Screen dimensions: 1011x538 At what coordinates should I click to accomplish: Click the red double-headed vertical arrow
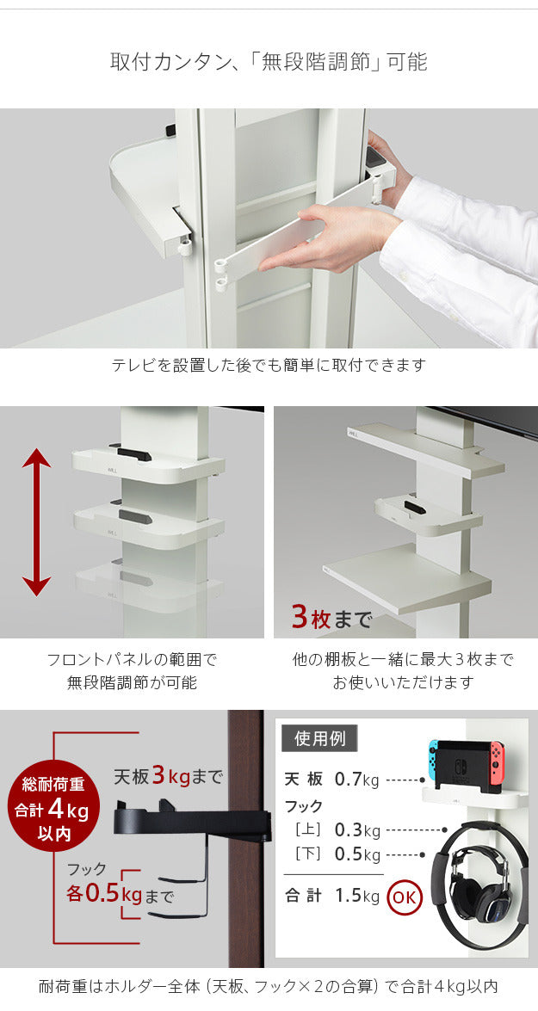click(x=35, y=522)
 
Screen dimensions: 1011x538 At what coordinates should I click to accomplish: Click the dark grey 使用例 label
click(x=318, y=738)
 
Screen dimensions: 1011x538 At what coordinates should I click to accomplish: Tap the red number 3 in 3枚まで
click(x=300, y=616)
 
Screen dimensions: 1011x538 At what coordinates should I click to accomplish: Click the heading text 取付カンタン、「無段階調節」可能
click(x=269, y=62)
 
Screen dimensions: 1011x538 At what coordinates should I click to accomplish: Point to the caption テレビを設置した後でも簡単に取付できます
click(x=269, y=365)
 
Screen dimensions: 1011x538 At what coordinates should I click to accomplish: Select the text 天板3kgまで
click(x=168, y=776)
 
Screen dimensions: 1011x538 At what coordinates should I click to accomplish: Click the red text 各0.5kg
click(x=103, y=893)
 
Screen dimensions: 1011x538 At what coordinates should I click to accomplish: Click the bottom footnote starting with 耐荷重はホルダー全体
click(x=269, y=986)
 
